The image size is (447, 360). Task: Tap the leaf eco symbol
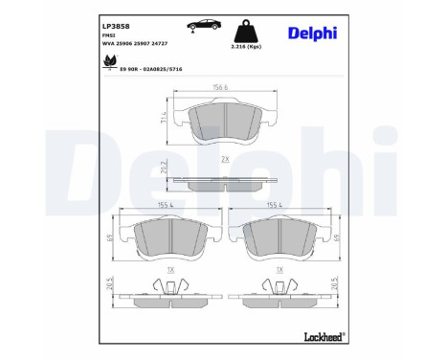tap(97, 64)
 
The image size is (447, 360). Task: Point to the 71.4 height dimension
tap(166, 119)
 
